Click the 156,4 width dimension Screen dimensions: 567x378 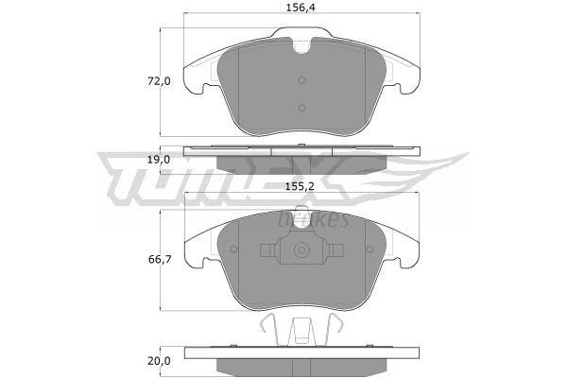pyautogui.click(x=301, y=8)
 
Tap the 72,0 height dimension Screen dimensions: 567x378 pyautogui.click(x=159, y=81)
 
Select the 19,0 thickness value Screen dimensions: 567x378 pyautogui.click(x=159, y=160)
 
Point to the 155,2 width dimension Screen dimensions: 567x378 pyautogui.click(x=300, y=187)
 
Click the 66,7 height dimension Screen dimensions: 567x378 pyautogui.click(x=160, y=259)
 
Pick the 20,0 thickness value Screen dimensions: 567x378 pyautogui.click(x=159, y=361)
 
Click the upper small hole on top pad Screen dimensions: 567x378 pyautogui.click(x=302, y=80)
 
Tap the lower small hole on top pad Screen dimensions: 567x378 pyautogui.click(x=302, y=108)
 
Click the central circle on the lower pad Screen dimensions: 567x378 pyautogui.click(x=301, y=249)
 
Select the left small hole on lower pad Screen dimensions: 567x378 pyautogui.click(x=233, y=249)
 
